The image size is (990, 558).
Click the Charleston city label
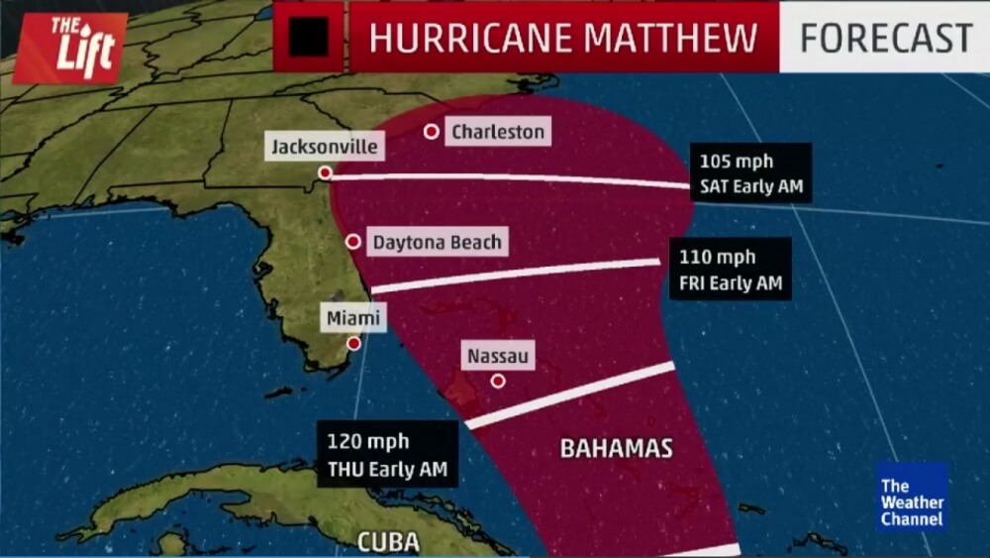click(497, 131)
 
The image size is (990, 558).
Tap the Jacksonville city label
click(324, 148)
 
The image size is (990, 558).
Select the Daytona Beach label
click(437, 242)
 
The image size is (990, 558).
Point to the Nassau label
click(498, 355)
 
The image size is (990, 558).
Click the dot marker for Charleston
click(431, 131)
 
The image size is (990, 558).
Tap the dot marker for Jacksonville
click(324, 172)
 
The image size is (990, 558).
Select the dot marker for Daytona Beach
click(352, 242)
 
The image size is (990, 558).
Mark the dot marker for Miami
click(353, 343)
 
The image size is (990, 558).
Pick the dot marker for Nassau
click(498, 381)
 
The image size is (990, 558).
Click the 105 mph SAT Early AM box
click(750, 172)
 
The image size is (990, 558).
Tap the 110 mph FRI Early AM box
click(731, 270)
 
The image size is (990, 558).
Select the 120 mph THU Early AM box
click(387, 455)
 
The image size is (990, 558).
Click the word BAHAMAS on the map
click(616, 448)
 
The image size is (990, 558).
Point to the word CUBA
click(387, 542)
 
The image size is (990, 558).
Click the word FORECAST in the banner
click(885, 38)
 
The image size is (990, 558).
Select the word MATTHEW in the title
click(670, 38)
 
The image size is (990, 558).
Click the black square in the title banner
click(309, 38)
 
